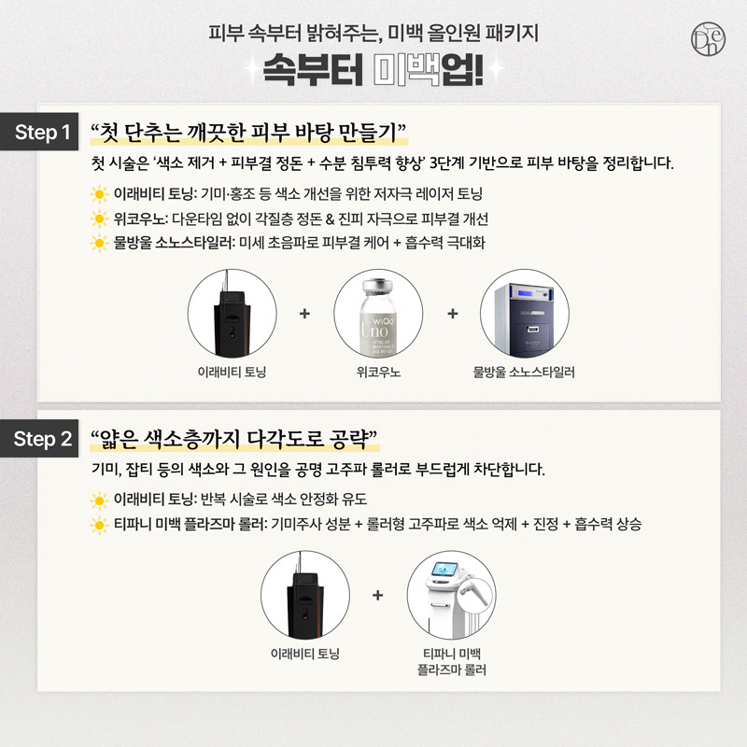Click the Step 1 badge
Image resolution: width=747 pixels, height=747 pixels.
coord(39,132)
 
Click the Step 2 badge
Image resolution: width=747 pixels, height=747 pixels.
coord(39,438)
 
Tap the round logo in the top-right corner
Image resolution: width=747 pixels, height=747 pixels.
coord(708,38)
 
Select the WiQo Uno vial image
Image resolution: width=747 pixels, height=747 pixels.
coord(378,315)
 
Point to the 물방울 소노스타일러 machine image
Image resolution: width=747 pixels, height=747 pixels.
coord(525,315)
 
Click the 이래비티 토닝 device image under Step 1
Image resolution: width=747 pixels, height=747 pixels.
coord(232,315)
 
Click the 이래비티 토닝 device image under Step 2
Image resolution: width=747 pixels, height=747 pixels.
coord(305,596)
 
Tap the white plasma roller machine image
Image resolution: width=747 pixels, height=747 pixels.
coord(451,596)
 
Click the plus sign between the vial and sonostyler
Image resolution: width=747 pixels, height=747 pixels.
coord(453,314)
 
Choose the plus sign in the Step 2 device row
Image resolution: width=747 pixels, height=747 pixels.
coord(378,595)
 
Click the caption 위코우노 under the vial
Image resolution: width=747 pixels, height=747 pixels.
coord(378,372)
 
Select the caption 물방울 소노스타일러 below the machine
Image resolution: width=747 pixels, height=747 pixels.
coord(524,372)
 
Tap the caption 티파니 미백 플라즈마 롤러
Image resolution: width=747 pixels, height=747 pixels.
coord(452,662)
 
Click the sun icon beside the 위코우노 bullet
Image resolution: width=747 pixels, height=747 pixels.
coord(99,219)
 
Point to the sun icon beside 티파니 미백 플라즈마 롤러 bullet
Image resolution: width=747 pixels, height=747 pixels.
coord(99,525)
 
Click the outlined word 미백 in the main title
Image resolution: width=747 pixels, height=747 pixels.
coord(406,69)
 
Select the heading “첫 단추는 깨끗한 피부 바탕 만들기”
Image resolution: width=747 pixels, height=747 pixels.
coord(248,133)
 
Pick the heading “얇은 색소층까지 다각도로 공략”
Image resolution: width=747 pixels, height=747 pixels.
coord(234,439)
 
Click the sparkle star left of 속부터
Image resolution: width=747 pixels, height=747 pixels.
coord(252,69)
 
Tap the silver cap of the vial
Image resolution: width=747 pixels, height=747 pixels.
coord(378,287)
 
